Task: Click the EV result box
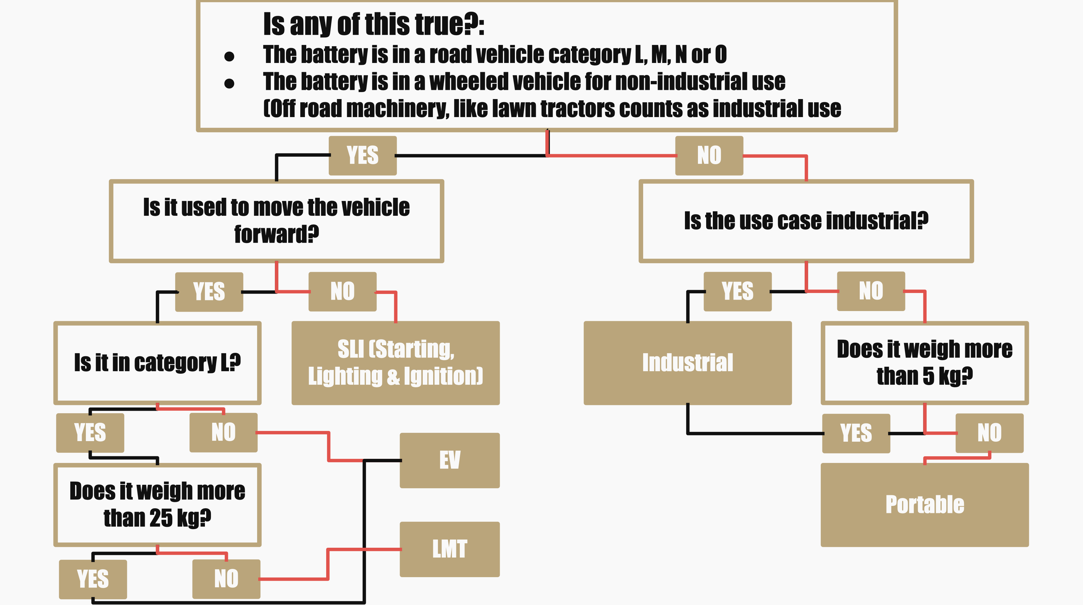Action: point(449,460)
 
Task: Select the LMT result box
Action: point(449,549)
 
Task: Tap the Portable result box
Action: point(924,505)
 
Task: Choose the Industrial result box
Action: point(687,363)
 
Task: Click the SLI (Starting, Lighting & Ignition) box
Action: point(395,363)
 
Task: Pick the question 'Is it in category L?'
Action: point(157,363)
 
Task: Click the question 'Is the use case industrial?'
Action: point(806,221)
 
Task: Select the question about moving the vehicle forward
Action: point(276,221)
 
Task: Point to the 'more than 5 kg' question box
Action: point(924,363)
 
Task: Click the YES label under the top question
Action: point(362,155)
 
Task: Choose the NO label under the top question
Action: point(709,155)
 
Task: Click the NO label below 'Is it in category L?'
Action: point(223,432)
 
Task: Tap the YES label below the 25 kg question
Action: point(92,579)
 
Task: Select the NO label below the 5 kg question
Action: point(989,433)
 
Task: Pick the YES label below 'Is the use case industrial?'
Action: point(738,291)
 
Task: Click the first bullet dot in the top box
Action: point(229,56)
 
